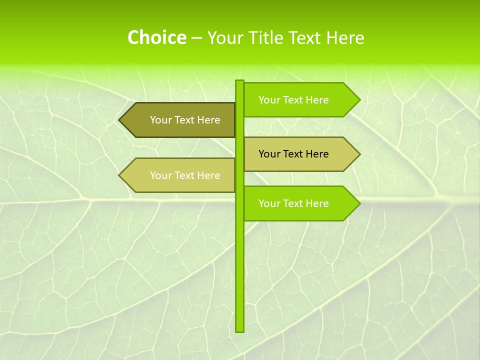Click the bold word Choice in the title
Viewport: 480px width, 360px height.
(x=156, y=37)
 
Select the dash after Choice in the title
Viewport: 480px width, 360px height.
(x=196, y=38)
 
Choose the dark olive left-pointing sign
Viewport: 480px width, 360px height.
(x=180, y=120)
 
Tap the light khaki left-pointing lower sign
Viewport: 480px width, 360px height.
(x=180, y=175)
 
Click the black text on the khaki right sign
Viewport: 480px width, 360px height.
(x=293, y=154)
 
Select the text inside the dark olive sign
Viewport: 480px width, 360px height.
(x=185, y=120)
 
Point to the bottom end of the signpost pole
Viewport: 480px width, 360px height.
(x=239, y=330)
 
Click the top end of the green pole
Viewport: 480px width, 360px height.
(x=239, y=82)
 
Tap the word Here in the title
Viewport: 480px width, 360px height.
(x=345, y=37)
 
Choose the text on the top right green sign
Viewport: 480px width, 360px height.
(x=293, y=100)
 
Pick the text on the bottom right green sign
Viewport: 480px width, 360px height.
(x=293, y=203)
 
